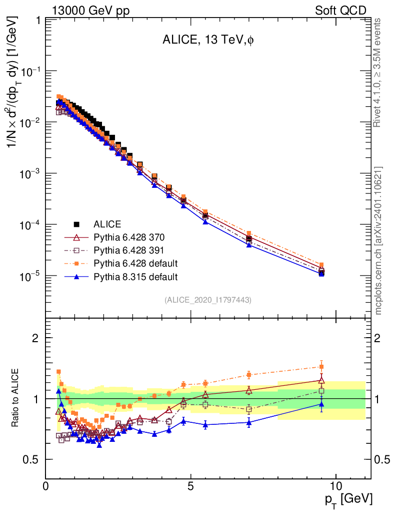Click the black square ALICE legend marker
pos(76,224)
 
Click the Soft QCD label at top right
pos(340,11)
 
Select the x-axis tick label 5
pos(191,486)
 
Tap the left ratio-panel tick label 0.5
pos(31,459)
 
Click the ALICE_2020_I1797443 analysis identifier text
pos(207,300)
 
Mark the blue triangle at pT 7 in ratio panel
pos(249,422)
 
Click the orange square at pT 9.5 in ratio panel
pos(321,367)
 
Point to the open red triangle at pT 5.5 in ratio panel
pos(205,394)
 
